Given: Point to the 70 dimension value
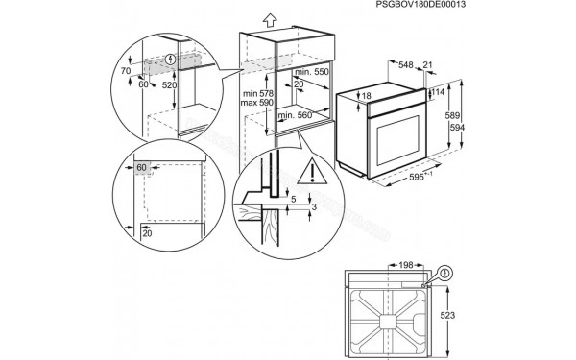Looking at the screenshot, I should [x=126, y=70].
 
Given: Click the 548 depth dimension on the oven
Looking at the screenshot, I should [x=407, y=65].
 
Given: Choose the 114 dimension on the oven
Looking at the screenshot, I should [x=438, y=92].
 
